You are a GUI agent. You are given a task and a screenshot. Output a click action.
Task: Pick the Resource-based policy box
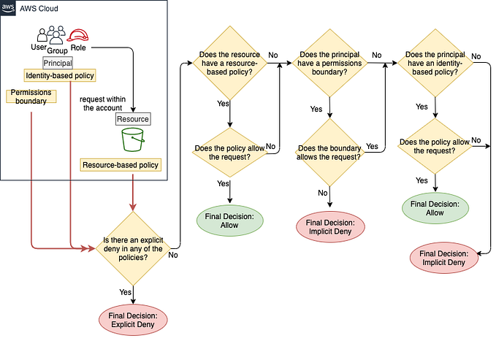(121, 165)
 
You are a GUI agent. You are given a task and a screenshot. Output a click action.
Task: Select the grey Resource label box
(132, 119)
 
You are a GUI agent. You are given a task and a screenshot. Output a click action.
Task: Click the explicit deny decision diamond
(132, 250)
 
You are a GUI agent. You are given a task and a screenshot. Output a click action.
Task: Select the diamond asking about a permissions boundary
(331, 64)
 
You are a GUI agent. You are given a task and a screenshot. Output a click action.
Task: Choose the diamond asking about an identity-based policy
(435, 64)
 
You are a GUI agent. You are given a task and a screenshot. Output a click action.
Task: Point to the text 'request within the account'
(101, 103)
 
